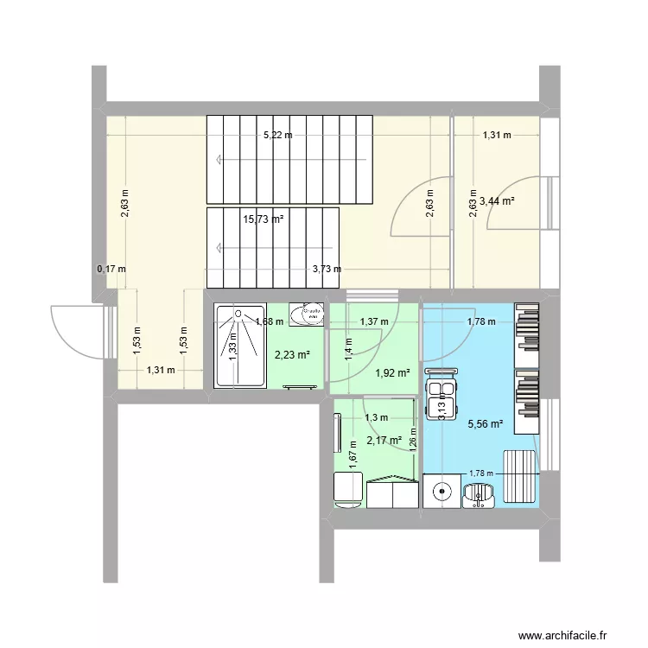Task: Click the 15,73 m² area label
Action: (264, 219)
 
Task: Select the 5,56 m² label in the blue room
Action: (483, 424)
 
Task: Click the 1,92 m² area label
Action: (391, 373)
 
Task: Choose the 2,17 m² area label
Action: (384, 441)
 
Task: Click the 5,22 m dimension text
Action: (277, 135)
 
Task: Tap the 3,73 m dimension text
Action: (327, 269)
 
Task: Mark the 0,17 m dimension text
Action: (111, 269)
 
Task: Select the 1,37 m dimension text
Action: (374, 322)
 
